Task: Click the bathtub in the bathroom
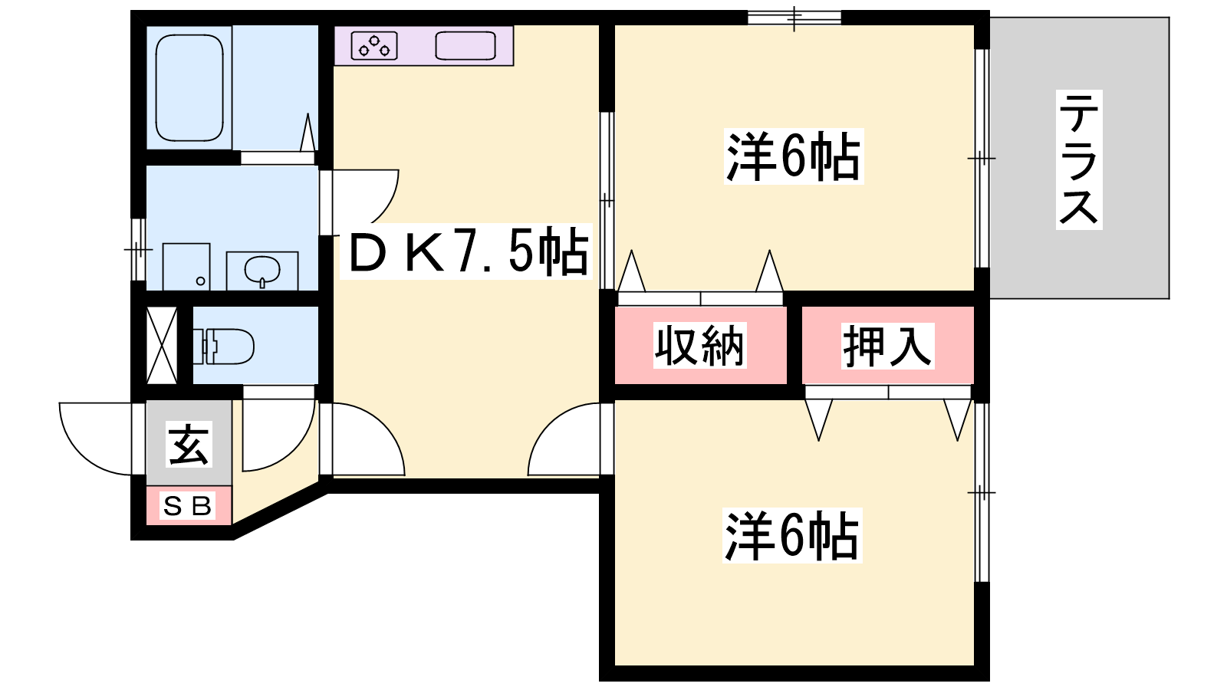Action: point(189,87)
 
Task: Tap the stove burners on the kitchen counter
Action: point(374,45)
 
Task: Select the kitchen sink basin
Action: point(465,45)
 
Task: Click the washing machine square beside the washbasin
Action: point(186,267)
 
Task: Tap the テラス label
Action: point(1078,159)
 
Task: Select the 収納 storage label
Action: point(700,346)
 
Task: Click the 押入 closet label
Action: point(887,346)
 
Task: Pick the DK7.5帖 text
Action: point(467,252)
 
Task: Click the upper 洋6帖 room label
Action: point(794,156)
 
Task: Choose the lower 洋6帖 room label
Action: point(793,536)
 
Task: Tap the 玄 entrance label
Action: point(189,445)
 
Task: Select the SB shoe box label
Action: point(188,506)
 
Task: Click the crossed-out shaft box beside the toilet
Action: point(162,346)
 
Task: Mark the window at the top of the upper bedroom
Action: point(794,18)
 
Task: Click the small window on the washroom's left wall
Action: point(139,249)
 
